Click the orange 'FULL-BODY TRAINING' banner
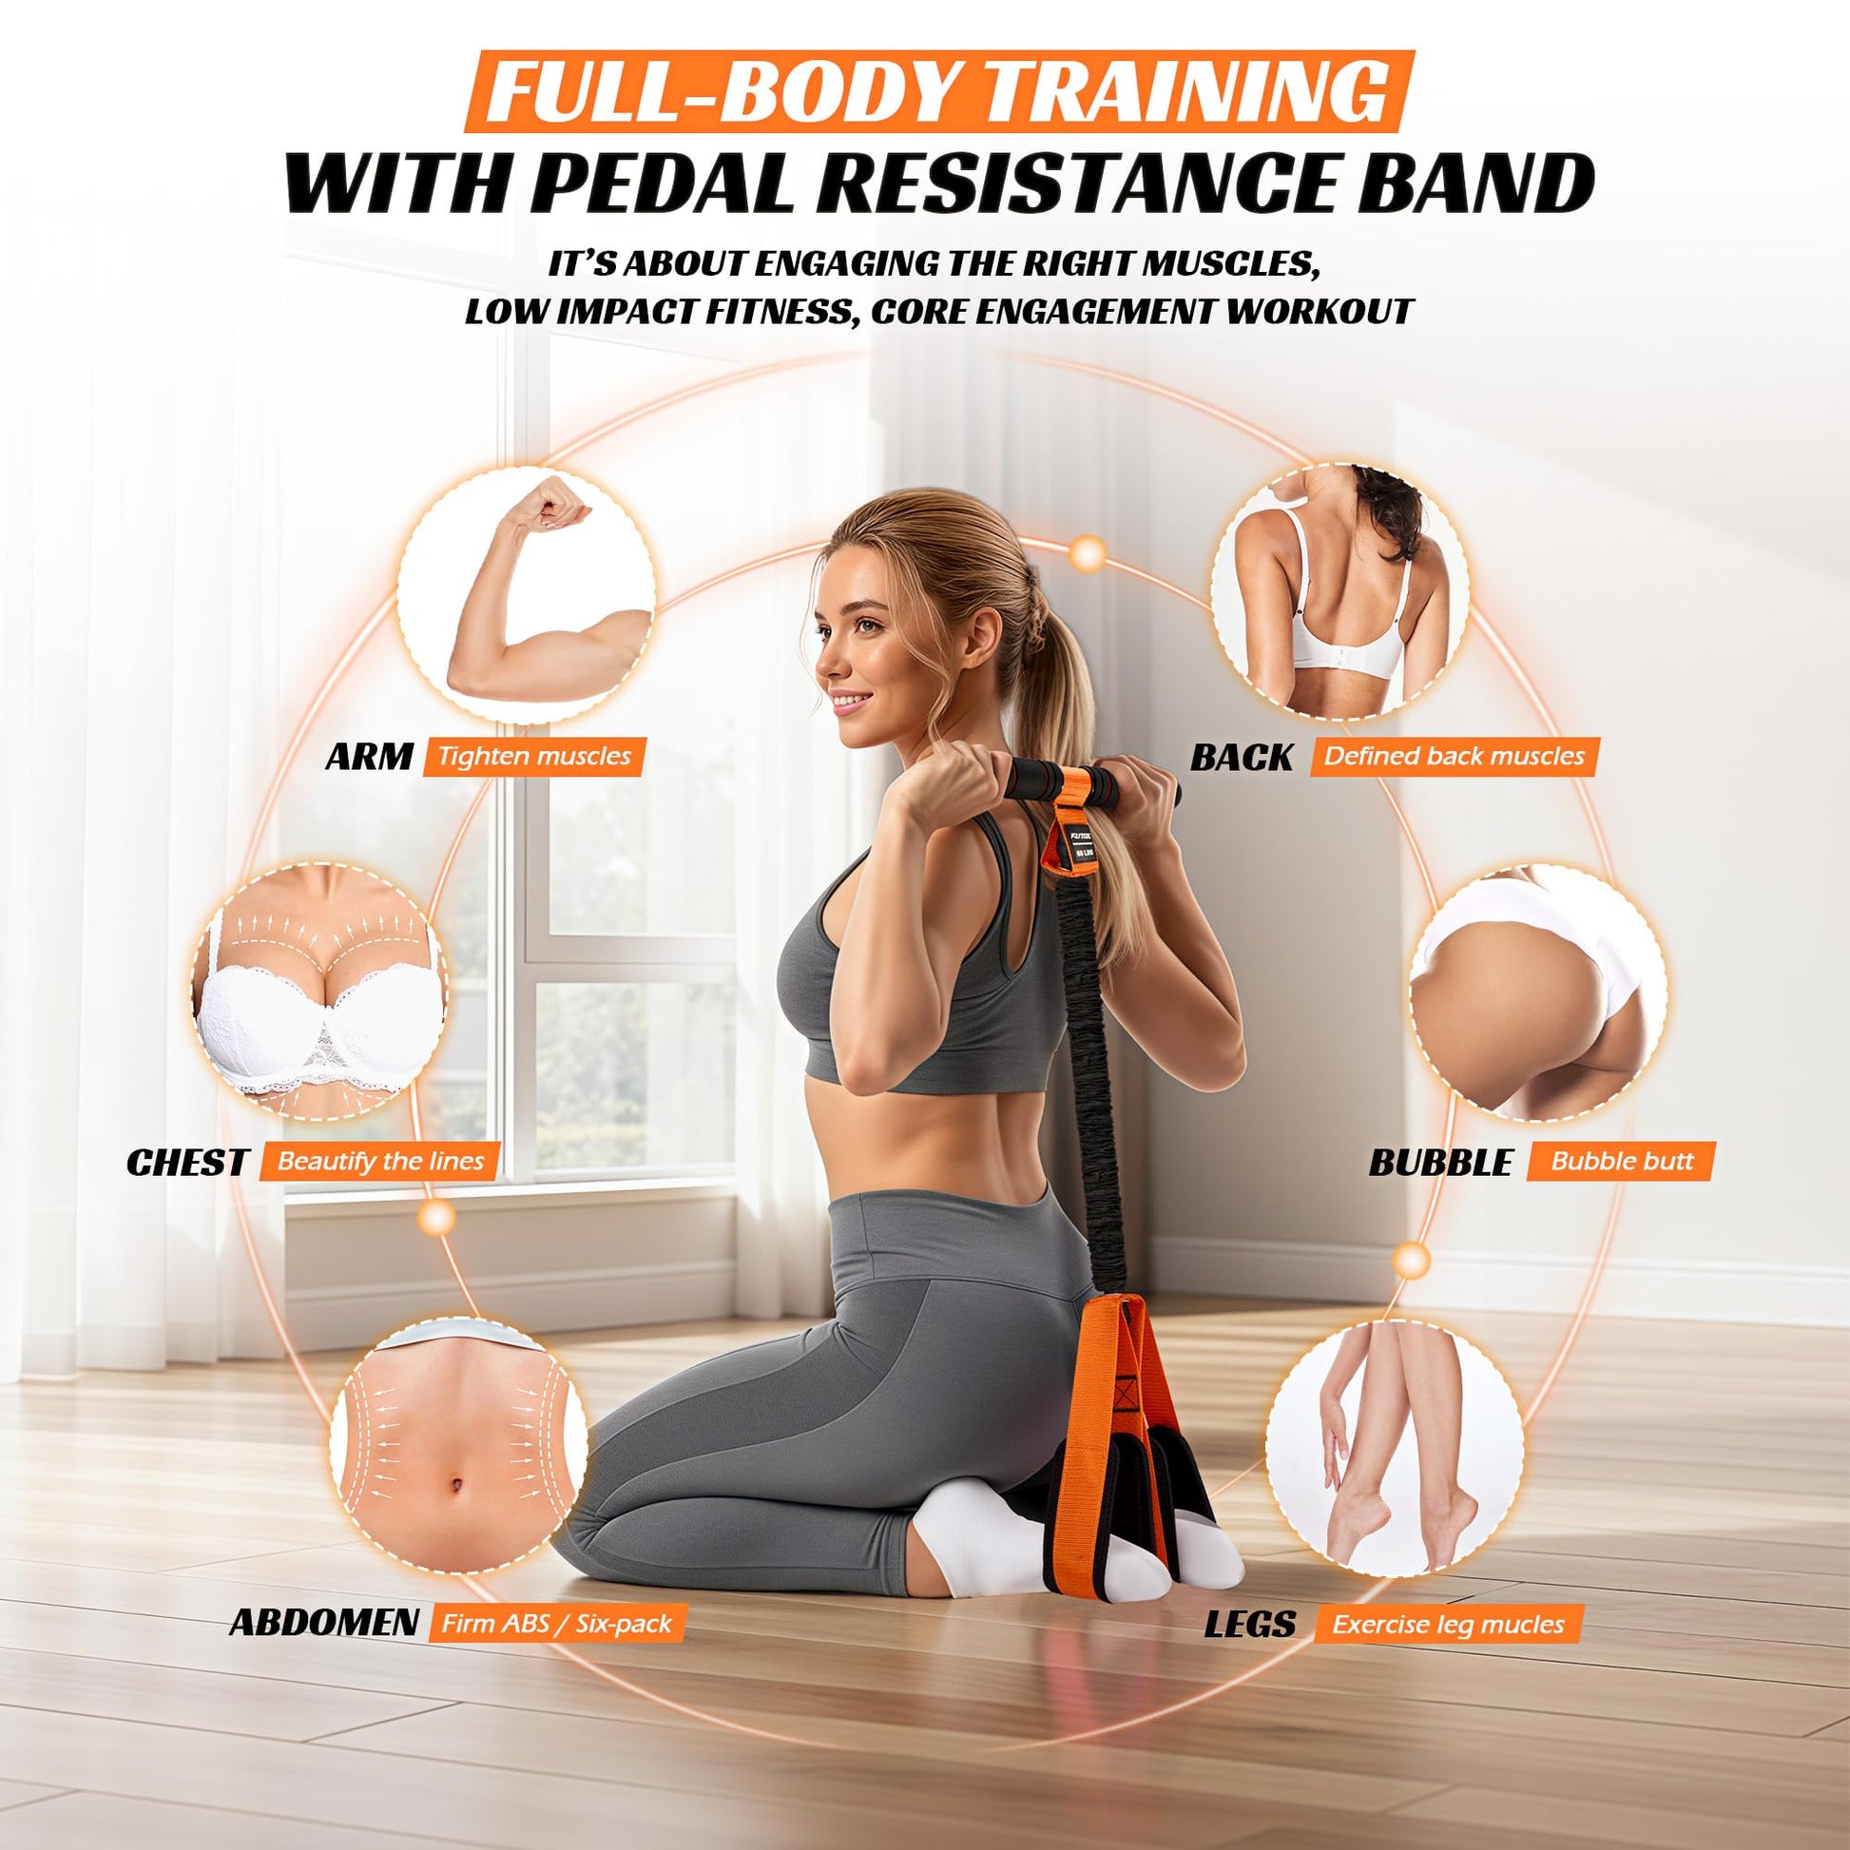coord(938,91)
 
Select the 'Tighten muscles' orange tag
coord(534,757)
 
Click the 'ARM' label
coord(369,757)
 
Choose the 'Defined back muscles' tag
coord(1455,757)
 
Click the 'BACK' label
coord(1241,758)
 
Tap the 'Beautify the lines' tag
coord(380,1162)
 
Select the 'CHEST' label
coord(187,1163)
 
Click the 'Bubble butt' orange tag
coord(1622,1162)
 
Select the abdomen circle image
coord(458,1456)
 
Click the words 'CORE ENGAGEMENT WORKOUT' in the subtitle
coord(1142,311)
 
